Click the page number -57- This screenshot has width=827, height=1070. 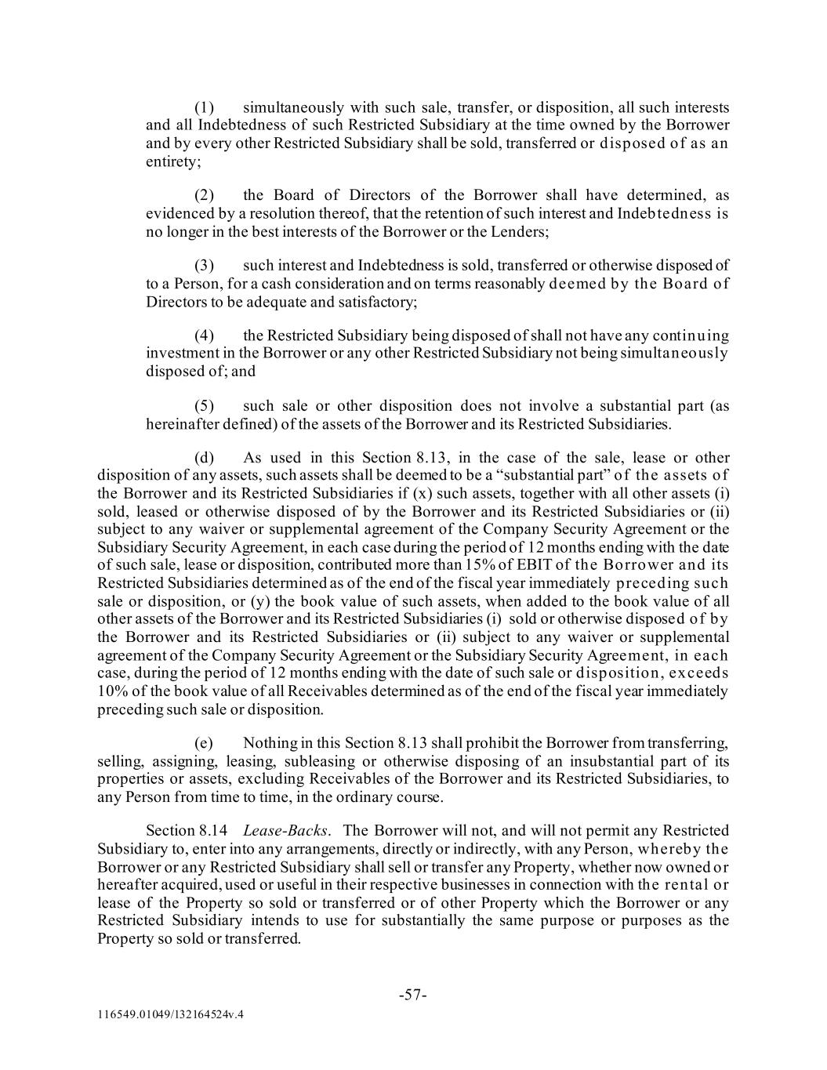[x=413, y=996]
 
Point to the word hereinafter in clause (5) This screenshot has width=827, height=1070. [x=183, y=425]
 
